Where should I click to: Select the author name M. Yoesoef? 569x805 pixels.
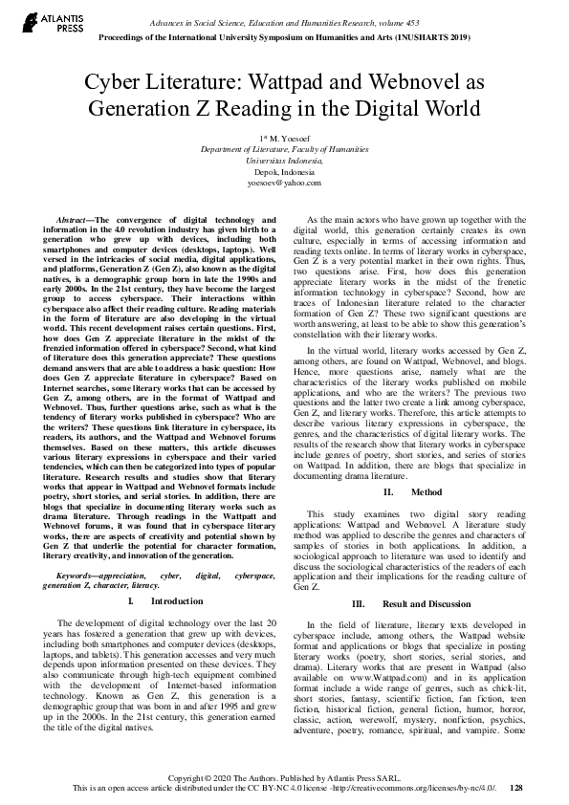point(288,140)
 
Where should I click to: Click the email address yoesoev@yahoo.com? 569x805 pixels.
point(284,182)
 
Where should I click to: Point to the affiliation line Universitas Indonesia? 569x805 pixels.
point(284,161)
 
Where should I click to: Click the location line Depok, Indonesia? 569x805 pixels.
point(284,171)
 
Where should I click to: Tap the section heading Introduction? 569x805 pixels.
point(177,601)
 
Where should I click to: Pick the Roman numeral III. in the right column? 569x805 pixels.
point(359,604)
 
